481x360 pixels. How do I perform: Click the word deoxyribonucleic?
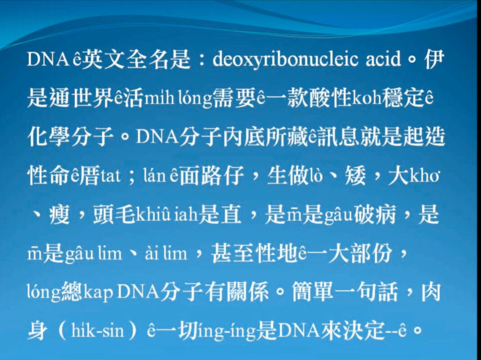tap(285, 59)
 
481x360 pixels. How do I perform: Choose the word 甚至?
tap(232, 253)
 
